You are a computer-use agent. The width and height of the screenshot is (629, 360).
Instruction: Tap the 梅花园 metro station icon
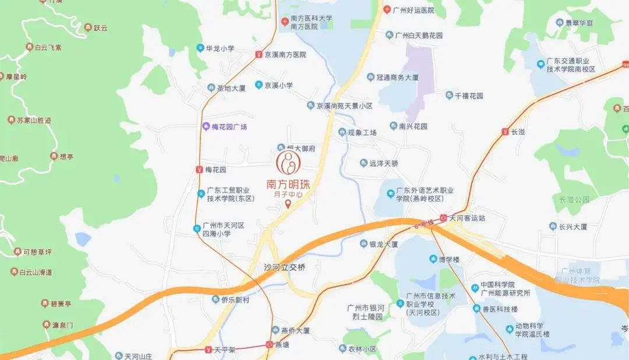pyautogui.click(x=200, y=170)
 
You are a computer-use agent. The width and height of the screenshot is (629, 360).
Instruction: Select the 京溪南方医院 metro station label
pyautogui.click(x=285, y=54)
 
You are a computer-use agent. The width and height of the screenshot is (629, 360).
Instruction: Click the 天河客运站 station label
pyautogui.click(x=467, y=218)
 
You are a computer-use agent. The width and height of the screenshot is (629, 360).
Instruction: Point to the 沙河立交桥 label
pyautogui.click(x=284, y=267)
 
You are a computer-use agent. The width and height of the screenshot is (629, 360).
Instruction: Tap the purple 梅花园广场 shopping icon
pyautogui.click(x=205, y=126)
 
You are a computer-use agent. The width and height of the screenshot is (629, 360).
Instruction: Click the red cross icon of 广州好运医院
pyautogui.click(x=387, y=10)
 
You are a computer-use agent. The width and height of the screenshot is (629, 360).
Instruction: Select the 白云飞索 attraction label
pyautogui.click(x=48, y=47)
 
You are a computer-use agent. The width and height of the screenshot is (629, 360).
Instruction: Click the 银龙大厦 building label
pyautogui.click(x=383, y=244)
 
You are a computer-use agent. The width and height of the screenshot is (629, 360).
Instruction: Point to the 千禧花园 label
pyautogui.click(x=469, y=95)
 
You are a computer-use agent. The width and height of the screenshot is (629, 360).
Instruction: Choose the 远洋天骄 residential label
pyautogui.click(x=383, y=164)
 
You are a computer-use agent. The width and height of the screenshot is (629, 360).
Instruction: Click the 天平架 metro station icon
pyautogui.click(x=208, y=350)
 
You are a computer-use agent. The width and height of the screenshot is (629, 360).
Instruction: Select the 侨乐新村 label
pyautogui.click(x=235, y=299)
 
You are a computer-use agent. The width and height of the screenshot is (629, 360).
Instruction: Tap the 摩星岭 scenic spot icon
pyautogui.click(x=2, y=76)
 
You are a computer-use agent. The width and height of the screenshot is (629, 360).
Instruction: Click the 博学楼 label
pyautogui.click(x=449, y=259)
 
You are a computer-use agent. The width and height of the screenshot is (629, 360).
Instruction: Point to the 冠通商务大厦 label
pyautogui.click(x=397, y=77)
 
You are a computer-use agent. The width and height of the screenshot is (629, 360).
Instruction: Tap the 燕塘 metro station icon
pyautogui.click(x=269, y=344)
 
